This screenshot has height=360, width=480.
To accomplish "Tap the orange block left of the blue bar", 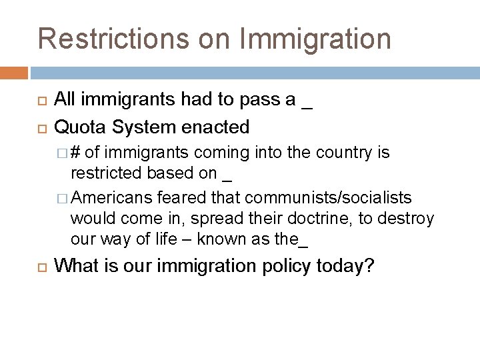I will [14, 72].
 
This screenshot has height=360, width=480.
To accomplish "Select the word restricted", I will [107, 173].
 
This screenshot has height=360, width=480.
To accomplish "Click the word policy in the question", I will [284, 266].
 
